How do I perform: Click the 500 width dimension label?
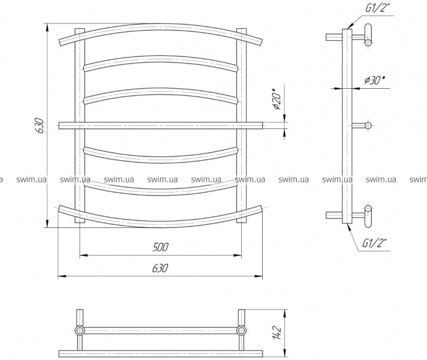pyautogui.click(x=160, y=247)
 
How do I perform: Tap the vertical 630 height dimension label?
pyautogui.click(x=40, y=125)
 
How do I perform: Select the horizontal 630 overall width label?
pyautogui.click(x=160, y=268)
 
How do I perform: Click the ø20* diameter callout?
pyautogui.click(x=277, y=99)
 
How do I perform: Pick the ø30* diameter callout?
pyautogui.click(x=375, y=80)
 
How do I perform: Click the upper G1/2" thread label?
pyautogui.click(x=375, y=9)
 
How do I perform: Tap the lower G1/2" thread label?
pyautogui.click(x=374, y=242)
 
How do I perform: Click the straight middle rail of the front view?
pyautogui.click(x=161, y=125)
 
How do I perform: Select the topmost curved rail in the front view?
pyautogui.click(x=161, y=27)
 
